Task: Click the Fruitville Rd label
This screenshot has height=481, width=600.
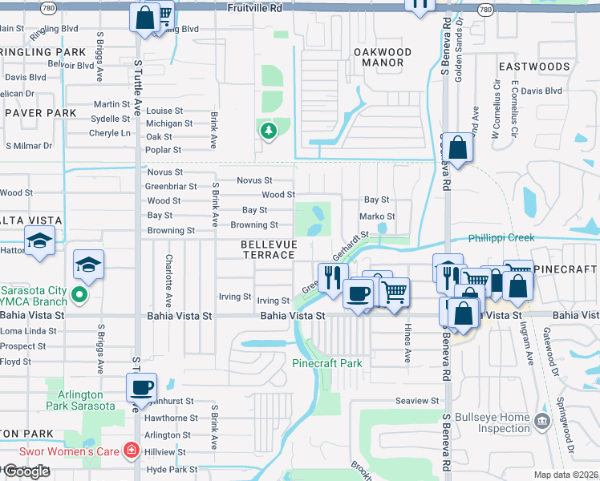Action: [x=256, y=8]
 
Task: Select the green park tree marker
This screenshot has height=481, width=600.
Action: [x=269, y=130]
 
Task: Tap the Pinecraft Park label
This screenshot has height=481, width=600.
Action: [x=326, y=363]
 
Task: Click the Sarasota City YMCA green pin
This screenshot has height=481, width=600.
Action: [x=78, y=296]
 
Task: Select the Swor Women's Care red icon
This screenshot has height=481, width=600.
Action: [x=130, y=451]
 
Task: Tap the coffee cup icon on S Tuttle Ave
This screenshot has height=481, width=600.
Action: [x=142, y=388]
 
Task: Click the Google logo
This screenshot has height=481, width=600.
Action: [x=26, y=471]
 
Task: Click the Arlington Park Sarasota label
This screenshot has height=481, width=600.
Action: [x=80, y=400]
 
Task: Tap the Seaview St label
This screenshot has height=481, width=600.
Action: [x=417, y=401]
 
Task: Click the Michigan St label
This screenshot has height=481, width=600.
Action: [x=169, y=123]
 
